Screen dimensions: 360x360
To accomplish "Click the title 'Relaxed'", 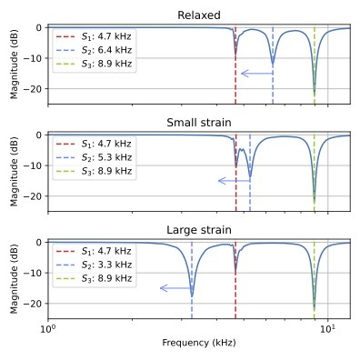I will [199, 15].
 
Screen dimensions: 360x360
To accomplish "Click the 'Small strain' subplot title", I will [199, 123].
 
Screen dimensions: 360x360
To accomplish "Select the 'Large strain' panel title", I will [199, 230].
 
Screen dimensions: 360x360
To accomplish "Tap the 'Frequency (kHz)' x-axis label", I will [199, 343].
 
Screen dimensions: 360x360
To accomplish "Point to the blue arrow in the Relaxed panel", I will [256, 74].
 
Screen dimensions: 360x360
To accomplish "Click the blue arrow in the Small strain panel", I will [234, 181].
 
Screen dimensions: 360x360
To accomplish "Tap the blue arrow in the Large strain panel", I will [175, 288].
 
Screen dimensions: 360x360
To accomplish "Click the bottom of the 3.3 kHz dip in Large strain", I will [192, 295].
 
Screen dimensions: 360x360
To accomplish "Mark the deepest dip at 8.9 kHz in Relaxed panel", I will [315, 95].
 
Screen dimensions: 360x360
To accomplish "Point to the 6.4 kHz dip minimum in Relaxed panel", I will [273, 65].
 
